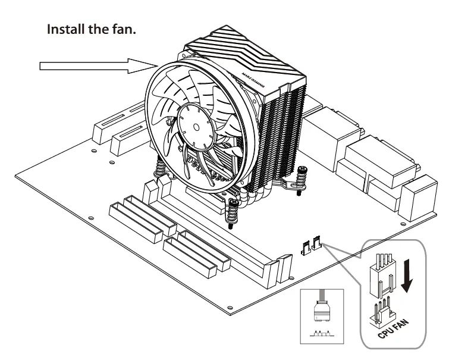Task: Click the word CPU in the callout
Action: (388, 330)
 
